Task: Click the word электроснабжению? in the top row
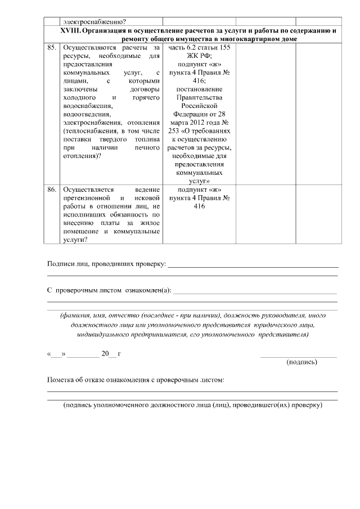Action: point(87,20)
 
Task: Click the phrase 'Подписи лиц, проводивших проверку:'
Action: point(106,264)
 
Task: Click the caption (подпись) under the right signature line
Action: point(301,362)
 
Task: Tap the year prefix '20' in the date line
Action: point(105,354)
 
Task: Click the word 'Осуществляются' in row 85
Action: point(89,48)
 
